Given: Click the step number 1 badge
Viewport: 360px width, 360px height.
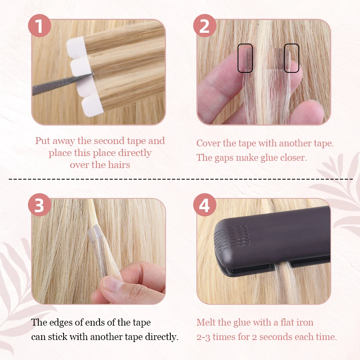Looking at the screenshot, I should [x=39, y=26].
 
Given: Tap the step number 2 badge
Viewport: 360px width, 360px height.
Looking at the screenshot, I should [x=204, y=26].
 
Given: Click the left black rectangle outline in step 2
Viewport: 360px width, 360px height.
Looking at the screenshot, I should [x=245, y=58].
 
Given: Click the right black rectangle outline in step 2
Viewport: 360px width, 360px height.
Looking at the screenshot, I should [x=292, y=58].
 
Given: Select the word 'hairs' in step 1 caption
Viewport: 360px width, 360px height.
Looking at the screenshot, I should [x=118, y=165].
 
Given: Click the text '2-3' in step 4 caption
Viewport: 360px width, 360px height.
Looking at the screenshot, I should [x=203, y=337].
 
